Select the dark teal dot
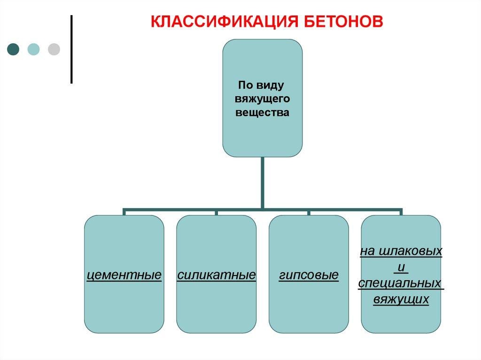[x=13, y=49]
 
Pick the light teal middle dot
[x=33, y=49]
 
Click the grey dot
[x=54, y=49]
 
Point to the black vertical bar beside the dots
[x=71, y=49]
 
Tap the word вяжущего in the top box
[x=262, y=99]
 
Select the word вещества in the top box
[x=262, y=113]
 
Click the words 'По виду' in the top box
[x=262, y=85]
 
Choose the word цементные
[x=124, y=275]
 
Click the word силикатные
[x=217, y=275]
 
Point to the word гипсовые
[x=309, y=275]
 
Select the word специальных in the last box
[x=401, y=283]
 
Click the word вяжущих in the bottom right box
[x=401, y=299]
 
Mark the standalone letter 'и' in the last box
[x=401, y=268]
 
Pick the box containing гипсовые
[x=309, y=305]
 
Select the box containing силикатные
[x=217, y=305]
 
